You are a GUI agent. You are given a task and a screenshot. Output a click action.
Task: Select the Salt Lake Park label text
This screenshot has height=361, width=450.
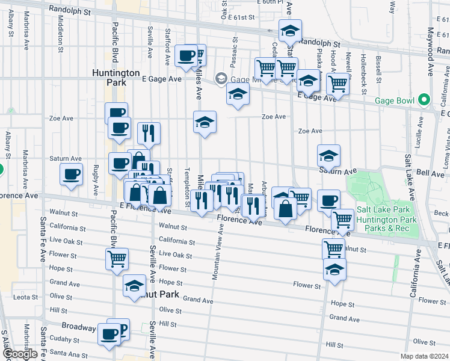click(x=386, y=209)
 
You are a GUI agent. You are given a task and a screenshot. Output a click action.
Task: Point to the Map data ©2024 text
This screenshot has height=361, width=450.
click(x=424, y=356)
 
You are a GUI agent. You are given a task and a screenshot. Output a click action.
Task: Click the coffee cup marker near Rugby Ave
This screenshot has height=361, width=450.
click(x=72, y=174)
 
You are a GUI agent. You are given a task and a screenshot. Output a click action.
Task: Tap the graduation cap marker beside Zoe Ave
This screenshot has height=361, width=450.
click(x=205, y=122)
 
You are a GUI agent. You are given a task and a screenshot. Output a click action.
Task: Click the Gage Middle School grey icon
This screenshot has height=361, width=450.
click(x=221, y=78)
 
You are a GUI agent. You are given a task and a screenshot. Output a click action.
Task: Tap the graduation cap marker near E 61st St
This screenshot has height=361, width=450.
click(x=291, y=30)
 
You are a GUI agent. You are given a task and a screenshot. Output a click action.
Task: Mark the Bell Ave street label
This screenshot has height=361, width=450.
click(x=430, y=173)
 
